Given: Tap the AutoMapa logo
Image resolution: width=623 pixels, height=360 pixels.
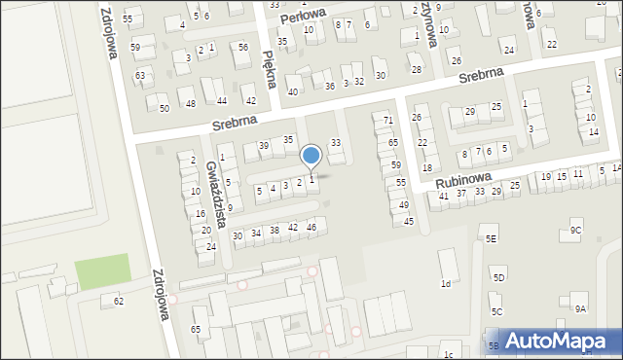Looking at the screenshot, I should [553, 341].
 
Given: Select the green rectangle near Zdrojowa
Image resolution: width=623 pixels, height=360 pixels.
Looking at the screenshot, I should [102, 271].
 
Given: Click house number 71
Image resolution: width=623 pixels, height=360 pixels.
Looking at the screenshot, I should [388, 120].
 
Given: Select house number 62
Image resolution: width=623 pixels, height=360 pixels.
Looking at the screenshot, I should [119, 302].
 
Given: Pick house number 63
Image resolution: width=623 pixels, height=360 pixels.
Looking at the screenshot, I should [140, 75].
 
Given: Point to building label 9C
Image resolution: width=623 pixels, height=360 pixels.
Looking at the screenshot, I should [576, 231].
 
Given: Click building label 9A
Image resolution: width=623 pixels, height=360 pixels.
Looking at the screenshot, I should [580, 308].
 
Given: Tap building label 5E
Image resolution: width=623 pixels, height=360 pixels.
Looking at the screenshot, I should [492, 238].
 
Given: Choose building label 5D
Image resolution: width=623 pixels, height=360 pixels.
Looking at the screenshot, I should [498, 278].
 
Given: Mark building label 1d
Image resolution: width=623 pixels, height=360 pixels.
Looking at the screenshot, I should [446, 284].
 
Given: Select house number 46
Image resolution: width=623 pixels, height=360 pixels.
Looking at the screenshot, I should [311, 227].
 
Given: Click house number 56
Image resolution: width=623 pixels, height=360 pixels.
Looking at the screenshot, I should [242, 48].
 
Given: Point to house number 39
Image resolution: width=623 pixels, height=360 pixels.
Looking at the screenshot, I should [263, 146].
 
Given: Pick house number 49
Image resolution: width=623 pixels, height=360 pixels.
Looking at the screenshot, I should [403, 205].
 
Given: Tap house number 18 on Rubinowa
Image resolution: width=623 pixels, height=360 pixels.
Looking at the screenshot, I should [426, 168].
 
